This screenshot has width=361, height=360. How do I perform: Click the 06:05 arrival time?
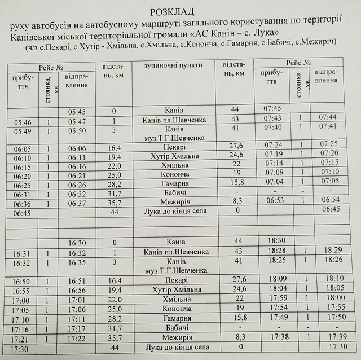22,148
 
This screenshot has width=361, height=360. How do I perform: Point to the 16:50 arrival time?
21,281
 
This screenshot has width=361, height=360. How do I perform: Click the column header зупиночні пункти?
173,65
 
